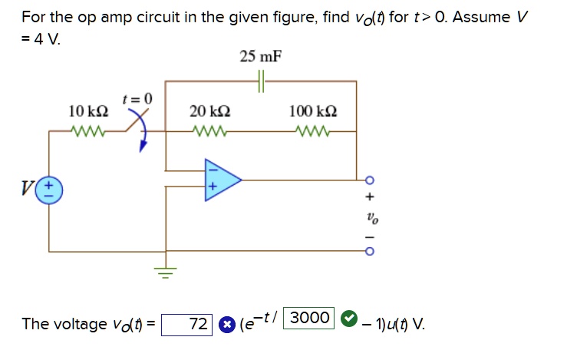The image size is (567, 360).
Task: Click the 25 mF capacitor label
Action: pos(260,56)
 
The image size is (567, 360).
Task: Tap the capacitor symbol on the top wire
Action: pos(261,81)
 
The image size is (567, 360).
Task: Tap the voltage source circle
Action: pos(50,190)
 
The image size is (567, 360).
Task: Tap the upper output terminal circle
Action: pos(369,180)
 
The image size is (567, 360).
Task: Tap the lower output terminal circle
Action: pos(369,251)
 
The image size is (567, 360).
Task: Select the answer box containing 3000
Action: pos(308,318)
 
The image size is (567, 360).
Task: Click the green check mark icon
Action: pos(348,318)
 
